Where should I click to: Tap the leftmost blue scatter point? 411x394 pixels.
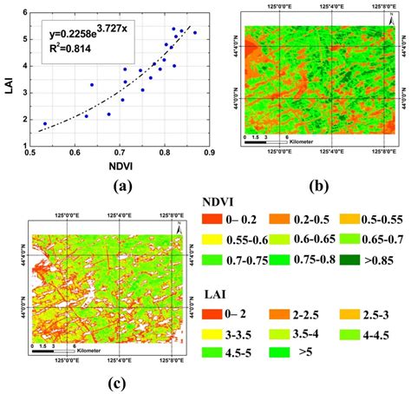[x=45, y=123]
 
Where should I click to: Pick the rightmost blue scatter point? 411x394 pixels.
[x=195, y=32]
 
